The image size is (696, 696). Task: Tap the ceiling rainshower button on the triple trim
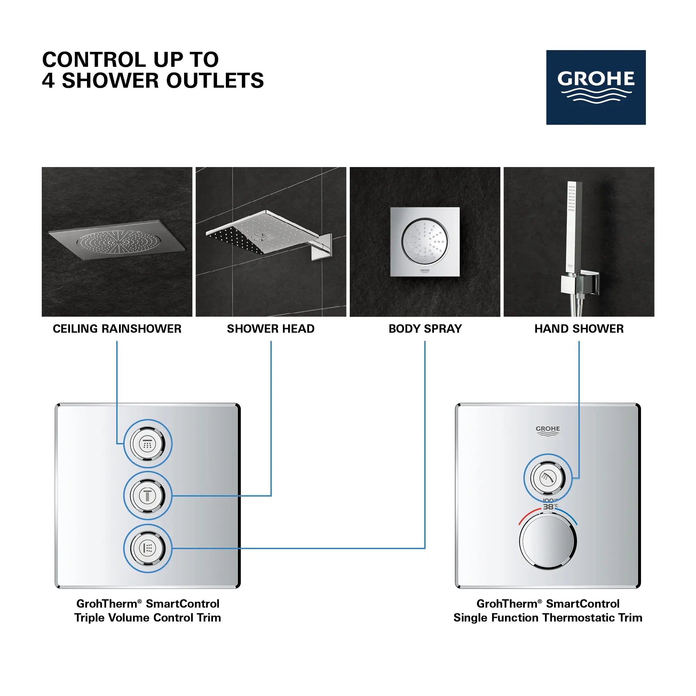148,444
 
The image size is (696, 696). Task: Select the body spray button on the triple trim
148,548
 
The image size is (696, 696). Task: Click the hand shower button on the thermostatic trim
547,478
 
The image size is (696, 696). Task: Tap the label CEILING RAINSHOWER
117,329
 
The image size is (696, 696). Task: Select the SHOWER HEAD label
270,329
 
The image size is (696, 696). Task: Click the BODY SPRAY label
425,329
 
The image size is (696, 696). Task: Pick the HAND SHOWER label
579,329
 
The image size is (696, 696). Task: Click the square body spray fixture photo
425,242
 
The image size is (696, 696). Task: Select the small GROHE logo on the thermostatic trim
547,430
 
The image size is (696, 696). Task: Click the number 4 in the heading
48,80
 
